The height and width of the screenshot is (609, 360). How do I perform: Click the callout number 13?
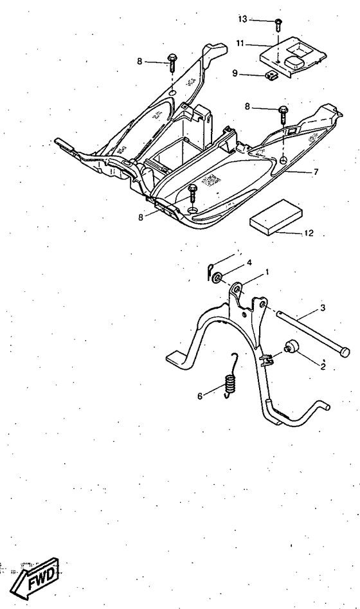click(x=242, y=19)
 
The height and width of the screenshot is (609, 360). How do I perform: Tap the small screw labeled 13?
click(x=277, y=24)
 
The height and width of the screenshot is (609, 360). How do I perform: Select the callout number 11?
click(x=240, y=44)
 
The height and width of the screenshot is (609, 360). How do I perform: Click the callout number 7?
click(x=316, y=173)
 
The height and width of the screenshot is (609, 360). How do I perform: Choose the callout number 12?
click(x=309, y=233)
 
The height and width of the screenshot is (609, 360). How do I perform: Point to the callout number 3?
click(x=323, y=308)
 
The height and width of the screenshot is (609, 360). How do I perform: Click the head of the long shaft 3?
click(x=346, y=351)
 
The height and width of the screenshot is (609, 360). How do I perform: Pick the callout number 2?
click(x=323, y=367)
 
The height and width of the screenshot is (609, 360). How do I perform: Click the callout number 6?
click(x=199, y=395)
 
